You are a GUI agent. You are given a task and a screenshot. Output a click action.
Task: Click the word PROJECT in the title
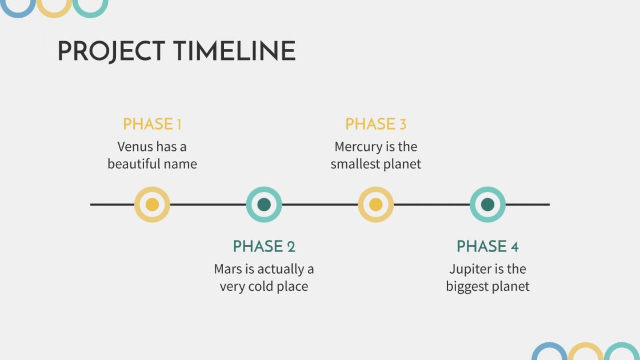pyautogui.click(x=111, y=51)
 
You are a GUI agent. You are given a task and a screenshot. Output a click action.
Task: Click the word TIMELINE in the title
pyautogui.click(x=234, y=51)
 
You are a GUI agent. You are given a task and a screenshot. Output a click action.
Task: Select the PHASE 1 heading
pyautogui.click(x=152, y=124)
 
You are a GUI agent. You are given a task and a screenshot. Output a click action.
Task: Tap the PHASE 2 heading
pyautogui.click(x=263, y=246)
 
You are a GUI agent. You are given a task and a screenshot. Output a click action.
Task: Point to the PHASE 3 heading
pyautogui.click(x=375, y=124)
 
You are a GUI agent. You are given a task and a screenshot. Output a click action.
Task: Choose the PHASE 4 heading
pyautogui.click(x=487, y=246)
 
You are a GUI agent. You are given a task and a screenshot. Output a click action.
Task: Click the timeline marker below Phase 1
pyautogui.click(x=152, y=205)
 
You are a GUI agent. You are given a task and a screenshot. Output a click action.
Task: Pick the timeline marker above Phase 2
pyautogui.click(x=264, y=205)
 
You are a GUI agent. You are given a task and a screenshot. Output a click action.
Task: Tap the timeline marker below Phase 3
pyautogui.click(x=376, y=205)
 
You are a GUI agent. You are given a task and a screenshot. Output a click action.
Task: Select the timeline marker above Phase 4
pyautogui.click(x=488, y=205)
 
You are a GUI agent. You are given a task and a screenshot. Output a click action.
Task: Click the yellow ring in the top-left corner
pyautogui.click(x=54, y=15)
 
